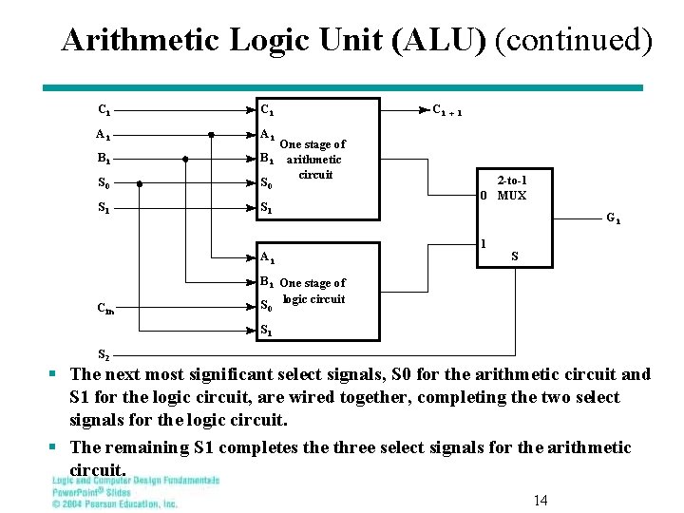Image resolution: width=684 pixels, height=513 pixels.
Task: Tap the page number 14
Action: point(541,501)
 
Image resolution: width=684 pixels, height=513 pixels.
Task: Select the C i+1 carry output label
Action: point(447,110)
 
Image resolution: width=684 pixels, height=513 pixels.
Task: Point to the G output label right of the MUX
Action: point(614,218)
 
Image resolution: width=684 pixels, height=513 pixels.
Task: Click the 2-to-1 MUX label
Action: point(512,187)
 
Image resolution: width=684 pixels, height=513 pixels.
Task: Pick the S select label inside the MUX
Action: point(515,256)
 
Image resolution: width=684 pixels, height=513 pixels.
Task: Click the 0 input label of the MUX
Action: point(484,196)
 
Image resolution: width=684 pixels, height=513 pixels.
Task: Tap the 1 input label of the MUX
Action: point(484,243)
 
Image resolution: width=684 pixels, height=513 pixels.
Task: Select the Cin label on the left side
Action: point(106,306)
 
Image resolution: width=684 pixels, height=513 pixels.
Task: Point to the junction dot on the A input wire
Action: point(211,135)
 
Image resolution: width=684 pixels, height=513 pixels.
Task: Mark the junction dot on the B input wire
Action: point(185,159)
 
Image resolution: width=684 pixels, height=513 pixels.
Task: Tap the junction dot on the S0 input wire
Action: point(140,182)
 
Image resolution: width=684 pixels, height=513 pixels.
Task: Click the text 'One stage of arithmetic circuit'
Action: point(314,159)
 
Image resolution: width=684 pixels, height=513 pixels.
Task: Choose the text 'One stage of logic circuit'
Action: point(313,291)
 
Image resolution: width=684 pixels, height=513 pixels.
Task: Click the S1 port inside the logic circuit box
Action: point(267,331)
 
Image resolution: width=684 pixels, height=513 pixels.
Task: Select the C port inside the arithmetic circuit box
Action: point(268,110)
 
